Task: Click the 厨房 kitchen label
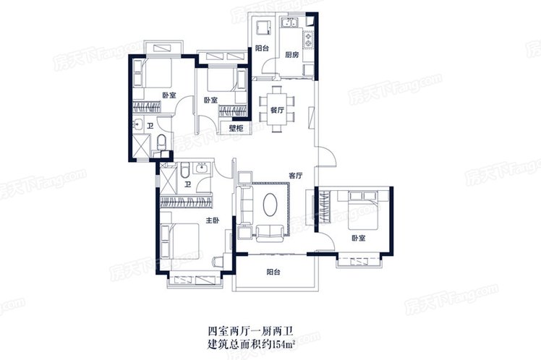[291, 55]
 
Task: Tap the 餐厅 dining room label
[277, 111]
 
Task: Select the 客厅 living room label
[295, 176]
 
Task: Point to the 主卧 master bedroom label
[213, 220]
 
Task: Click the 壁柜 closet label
[237, 129]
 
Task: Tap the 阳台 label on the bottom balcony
[273, 272]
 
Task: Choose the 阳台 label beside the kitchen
[262, 48]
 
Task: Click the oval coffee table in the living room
[270, 205]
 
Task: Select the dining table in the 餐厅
[277, 109]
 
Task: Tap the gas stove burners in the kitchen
[308, 39]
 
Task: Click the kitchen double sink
[290, 23]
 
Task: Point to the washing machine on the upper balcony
[263, 27]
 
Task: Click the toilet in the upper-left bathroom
[161, 142]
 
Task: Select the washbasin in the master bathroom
[200, 168]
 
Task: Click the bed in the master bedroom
[180, 241]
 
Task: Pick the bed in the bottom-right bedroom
[363, 210]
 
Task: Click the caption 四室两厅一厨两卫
[250, 332]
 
